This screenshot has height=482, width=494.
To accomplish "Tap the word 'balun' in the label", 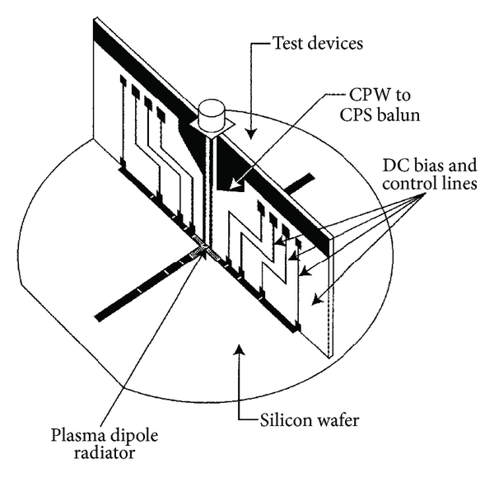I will (x=399, y=115).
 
